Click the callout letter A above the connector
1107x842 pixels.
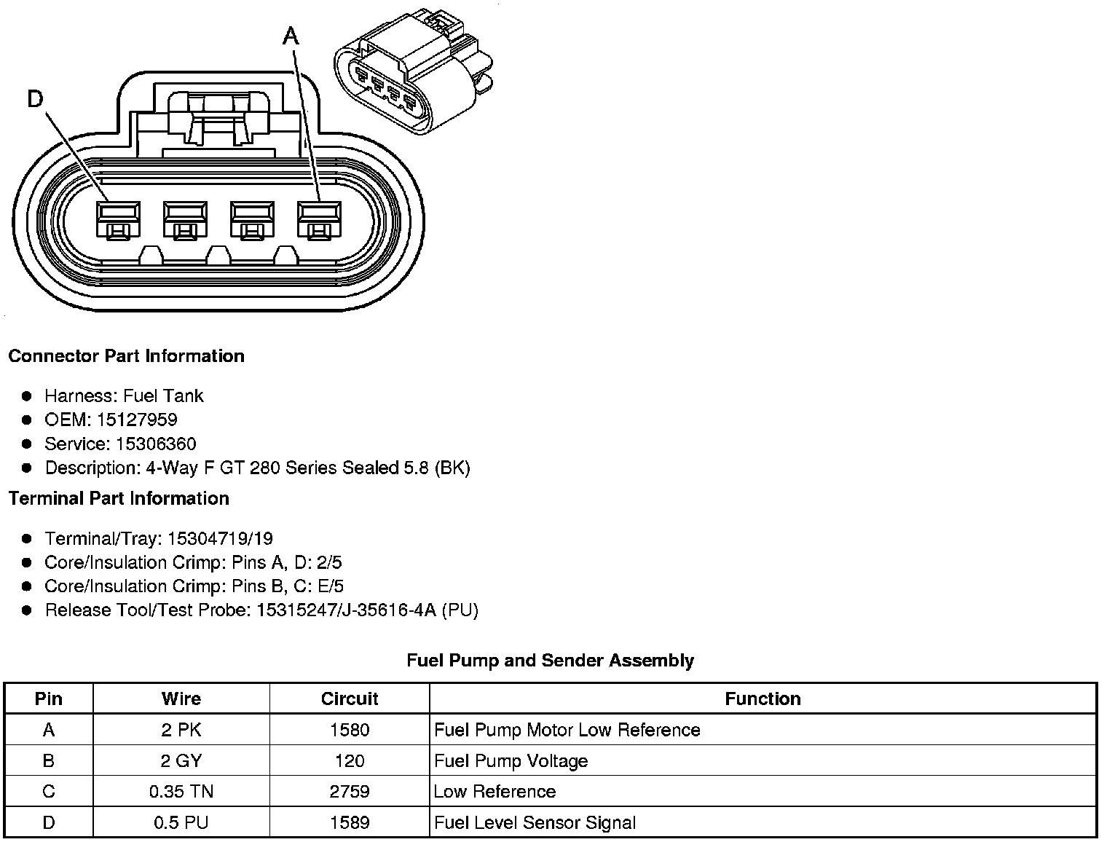click(291, 35)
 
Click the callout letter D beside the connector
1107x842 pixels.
click(36, 98)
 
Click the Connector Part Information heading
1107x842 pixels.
click(126, 356)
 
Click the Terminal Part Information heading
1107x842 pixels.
click(119, 498)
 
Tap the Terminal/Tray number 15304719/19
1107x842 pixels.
click(220, 538)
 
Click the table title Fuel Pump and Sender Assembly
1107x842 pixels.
click(550, 661)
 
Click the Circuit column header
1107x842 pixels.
click(350, 699)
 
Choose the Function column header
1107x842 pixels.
click(763, 699)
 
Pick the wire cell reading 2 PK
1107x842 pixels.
click(181, 730)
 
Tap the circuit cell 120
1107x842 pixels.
click(350, 761)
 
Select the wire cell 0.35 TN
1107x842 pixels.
click(181, 792)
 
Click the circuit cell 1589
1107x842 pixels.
click(350, 823)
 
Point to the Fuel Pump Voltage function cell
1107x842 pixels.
click(511, 761)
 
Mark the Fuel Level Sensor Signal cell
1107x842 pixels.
click(535, 823)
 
